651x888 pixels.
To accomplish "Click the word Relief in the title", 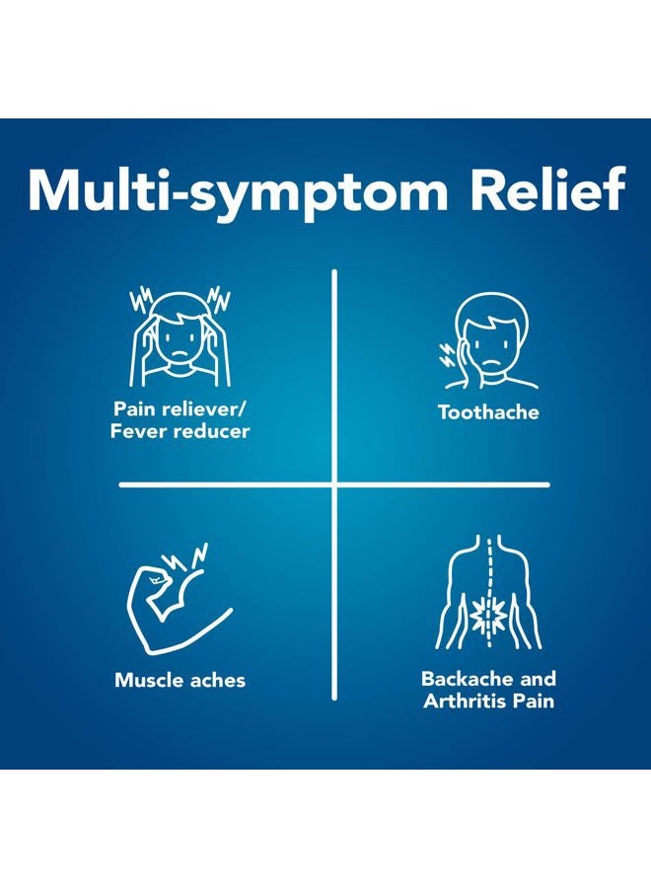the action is pyautogui.click(x=548, y=189).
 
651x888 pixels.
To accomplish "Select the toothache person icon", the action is pyautogui.click(x=489, y=342).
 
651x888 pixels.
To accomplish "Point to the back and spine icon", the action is pyautogui.click(x=488, y=592).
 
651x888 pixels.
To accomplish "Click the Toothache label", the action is pyautogui.click(x=488, y=412).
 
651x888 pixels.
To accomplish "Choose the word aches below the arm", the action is pyautogui.click(x=217, y=680).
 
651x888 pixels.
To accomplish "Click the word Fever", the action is pyautogui.click(x=139, y=431).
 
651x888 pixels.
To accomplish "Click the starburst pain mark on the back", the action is pyautogui.click(x=488, y=616).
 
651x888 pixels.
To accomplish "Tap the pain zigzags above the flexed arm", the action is pyautogui.click(x=185, y=556).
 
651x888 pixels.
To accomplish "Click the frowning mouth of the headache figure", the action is pyautogui.click(x=181, y=353).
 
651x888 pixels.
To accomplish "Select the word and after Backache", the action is pyautogui.click(x=538, y=679).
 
